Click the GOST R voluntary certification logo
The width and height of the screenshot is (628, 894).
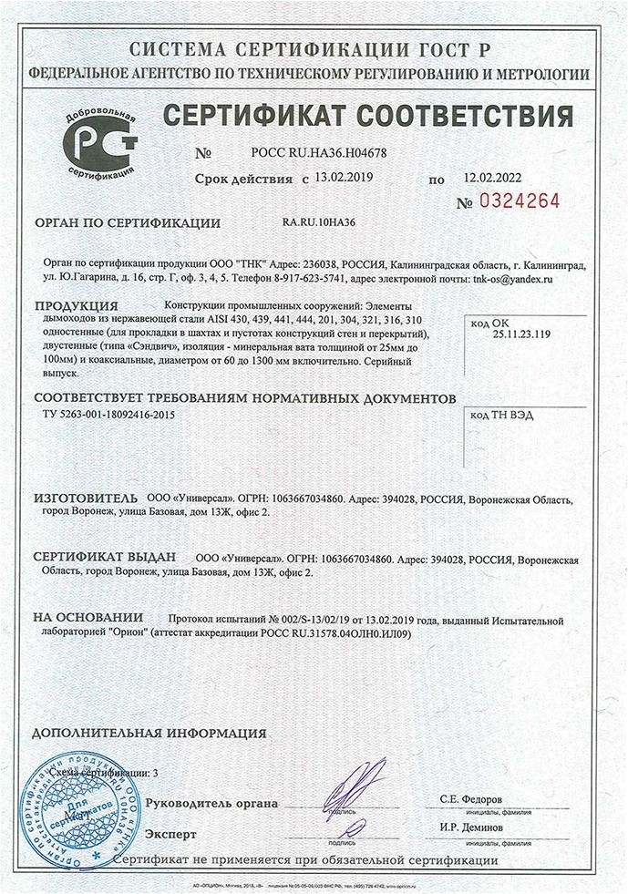point(101,146)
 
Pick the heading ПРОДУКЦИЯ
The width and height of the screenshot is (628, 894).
point(77,305)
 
